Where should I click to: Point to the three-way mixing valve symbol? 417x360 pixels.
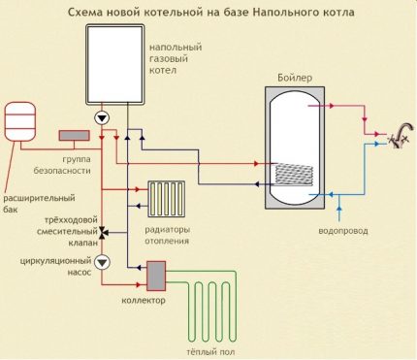click(103, 233)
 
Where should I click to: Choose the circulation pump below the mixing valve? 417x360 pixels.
click(103, 262)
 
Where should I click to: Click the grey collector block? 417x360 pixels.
click(154, 277)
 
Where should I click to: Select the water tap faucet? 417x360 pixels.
click(394, 138)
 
